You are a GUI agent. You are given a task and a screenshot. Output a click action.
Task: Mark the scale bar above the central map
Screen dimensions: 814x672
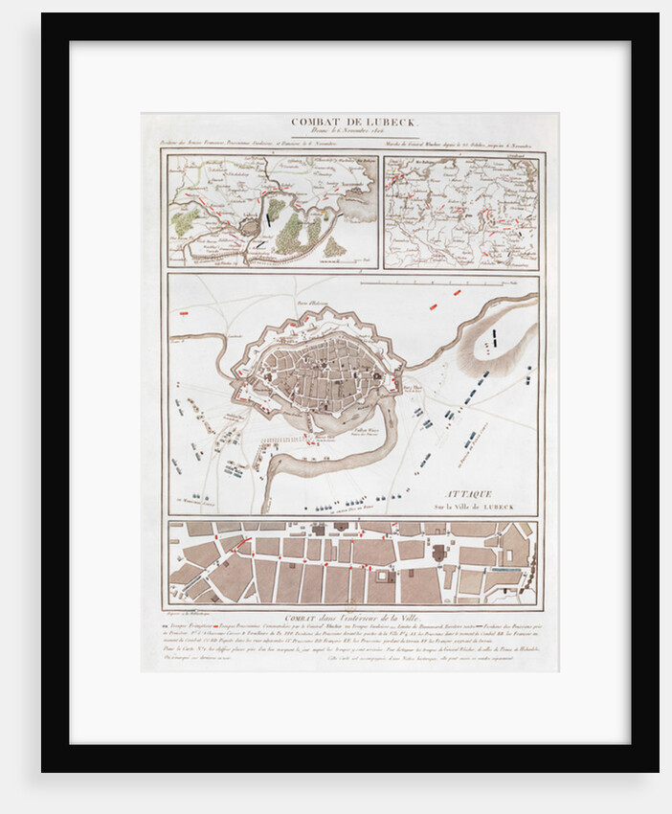pyautogui.click(x=436, y=283)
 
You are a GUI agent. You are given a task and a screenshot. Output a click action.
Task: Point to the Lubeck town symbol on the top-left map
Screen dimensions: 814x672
pyautogui.click(x=250, y=226)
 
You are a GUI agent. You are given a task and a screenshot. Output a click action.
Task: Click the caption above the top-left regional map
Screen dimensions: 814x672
pyautogui.click(x=272, y=146)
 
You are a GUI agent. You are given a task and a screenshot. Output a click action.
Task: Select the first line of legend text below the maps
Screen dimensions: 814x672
pyautogui.click(x=350, y=628)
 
